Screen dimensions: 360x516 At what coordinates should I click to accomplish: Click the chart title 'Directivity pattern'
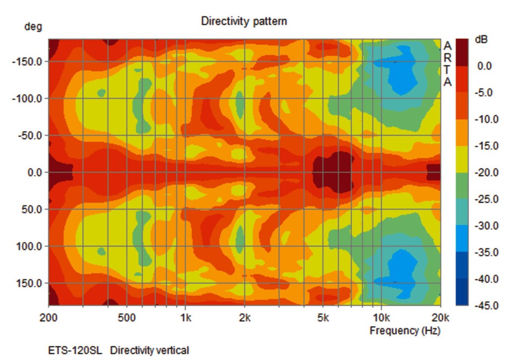click(x=244, y=21)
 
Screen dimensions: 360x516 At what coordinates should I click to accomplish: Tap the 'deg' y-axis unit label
click(x=33, y=26)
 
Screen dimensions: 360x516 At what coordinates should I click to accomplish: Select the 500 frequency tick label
click(x=127, y=317)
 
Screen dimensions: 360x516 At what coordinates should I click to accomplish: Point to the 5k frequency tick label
click(x=323, y=317)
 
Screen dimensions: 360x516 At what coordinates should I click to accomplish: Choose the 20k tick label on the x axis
click(x=440, y=317)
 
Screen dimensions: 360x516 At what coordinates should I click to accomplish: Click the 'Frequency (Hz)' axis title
click(x=405, y=331)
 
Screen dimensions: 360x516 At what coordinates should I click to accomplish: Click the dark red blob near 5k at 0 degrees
click(x=333, y=172)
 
